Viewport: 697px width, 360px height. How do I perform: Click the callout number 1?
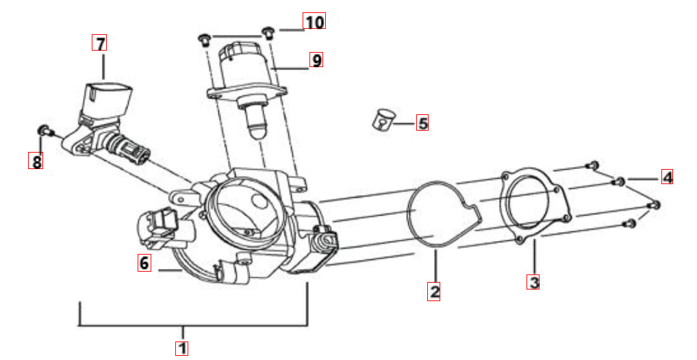click(182, 348)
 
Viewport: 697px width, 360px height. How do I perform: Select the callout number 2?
click(434, 291)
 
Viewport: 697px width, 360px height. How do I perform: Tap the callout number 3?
click(533, 282)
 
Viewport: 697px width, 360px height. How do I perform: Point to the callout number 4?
click(667, 177)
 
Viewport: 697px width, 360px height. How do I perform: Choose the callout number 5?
click(422, 123)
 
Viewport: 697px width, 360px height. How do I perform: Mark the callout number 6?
click(144, 263)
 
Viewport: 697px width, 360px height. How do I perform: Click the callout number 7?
click(99, 43)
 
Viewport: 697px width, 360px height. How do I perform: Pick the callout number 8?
click(36, 161)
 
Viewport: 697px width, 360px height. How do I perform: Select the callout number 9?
click(316, 60)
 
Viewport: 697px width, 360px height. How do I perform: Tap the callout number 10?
click(314, 21)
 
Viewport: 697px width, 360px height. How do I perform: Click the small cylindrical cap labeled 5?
click(382, 120)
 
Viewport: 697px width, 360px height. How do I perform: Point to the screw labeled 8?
click(45, 131)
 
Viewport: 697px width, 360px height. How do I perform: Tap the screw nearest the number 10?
click(268, 32)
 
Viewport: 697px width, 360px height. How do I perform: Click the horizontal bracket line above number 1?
click(193, 326)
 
